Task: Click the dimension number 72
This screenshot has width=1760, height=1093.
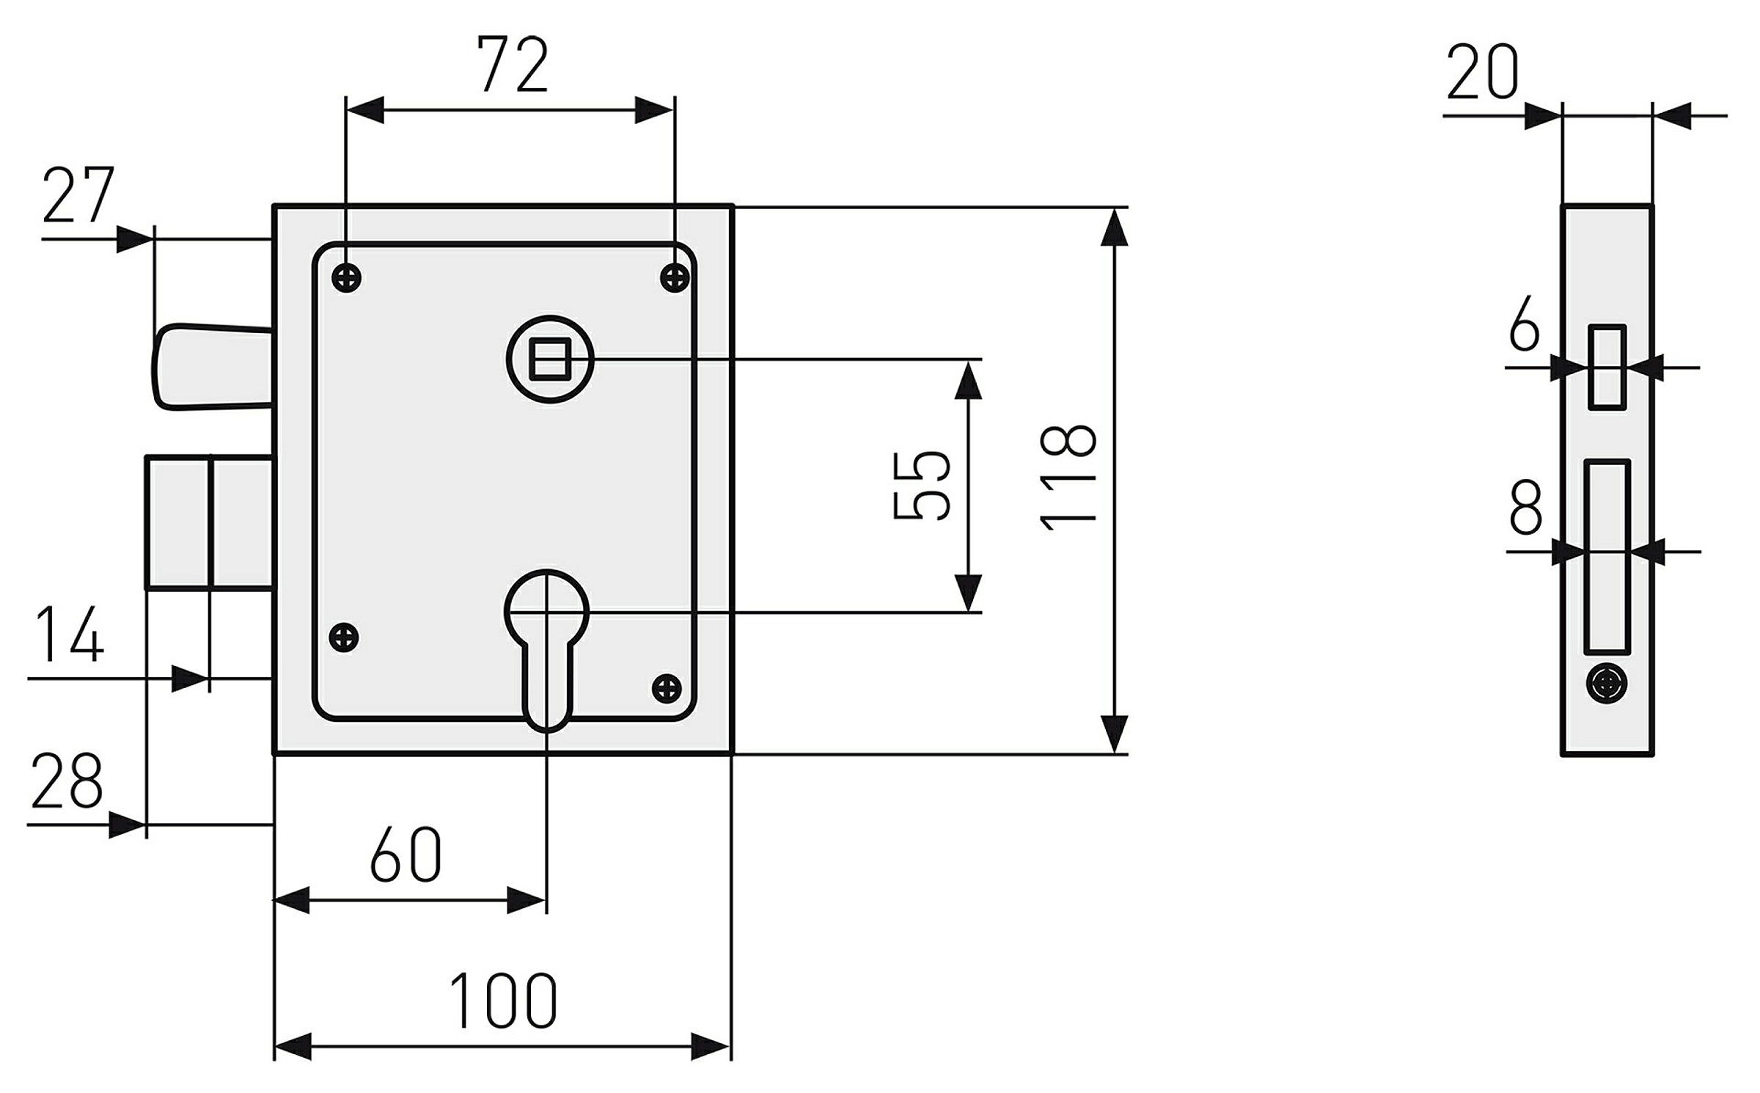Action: tap(513, 65)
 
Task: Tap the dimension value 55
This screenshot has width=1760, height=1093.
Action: tap(922, 485)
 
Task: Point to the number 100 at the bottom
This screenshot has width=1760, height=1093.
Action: tap(503, 1001)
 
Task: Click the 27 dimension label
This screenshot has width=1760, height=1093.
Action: tap(78, 194)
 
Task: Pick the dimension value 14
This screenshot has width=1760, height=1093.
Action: tap(70, 634)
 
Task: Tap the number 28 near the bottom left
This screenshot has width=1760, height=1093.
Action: tap(66, 780)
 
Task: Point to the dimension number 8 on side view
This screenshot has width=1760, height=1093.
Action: tap(1526, 507)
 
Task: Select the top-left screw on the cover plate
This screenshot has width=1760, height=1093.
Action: tap(346, 277)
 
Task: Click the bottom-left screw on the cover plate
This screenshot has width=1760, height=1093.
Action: tap(343, 636)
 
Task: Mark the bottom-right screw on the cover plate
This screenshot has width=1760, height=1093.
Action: tap(667, 687)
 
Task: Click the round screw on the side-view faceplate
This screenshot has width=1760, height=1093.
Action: tap(1606, 684)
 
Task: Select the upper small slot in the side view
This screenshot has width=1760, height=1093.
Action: tap(1607, 367)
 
